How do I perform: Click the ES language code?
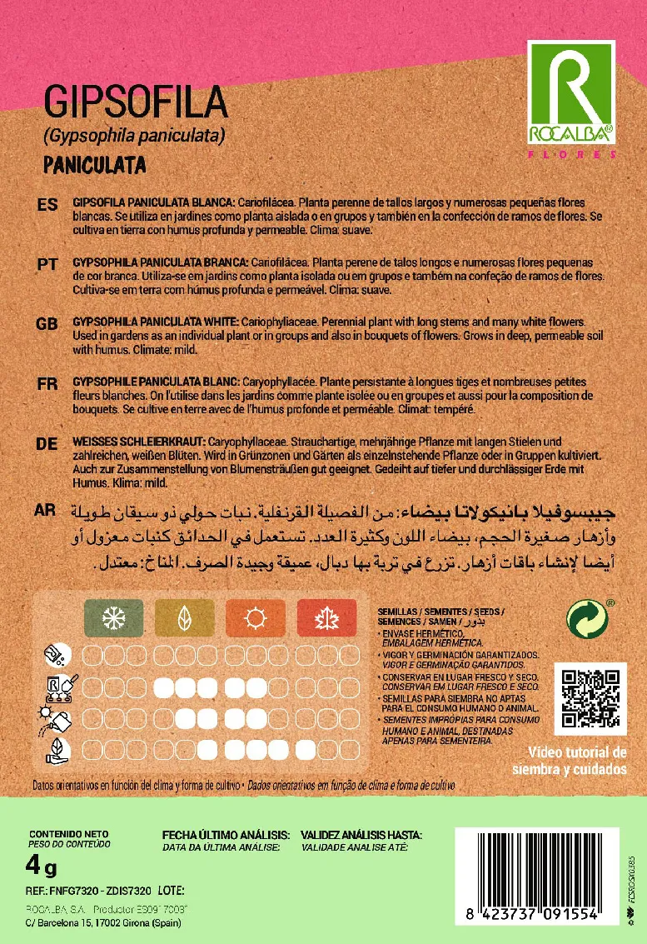47,205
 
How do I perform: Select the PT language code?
47,263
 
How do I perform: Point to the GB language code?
47,323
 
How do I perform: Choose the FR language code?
47,383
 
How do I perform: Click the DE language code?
47,444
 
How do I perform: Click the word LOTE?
170,891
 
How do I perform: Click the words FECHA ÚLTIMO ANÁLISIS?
226,834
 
